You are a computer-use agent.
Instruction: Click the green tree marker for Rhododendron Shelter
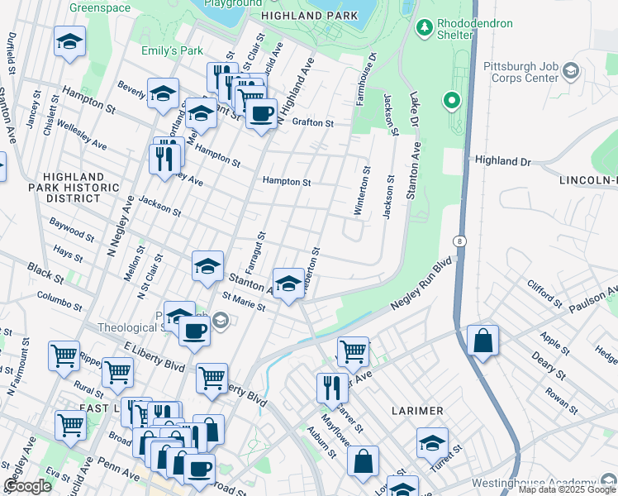point(425,29)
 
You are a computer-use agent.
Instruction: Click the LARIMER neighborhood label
point(417,411)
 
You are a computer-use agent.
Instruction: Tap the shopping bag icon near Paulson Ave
point(483,340)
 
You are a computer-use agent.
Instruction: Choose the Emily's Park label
point(172,50)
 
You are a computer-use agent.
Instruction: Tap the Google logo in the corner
point(27,486)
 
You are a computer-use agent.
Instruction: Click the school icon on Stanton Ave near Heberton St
point(288,283)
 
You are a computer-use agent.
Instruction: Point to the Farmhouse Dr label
point(366,80)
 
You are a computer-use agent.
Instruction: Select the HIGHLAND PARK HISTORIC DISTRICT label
point(74,188)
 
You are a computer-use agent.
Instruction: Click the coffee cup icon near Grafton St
point(261,114)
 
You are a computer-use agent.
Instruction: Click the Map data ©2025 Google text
point(567,489)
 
